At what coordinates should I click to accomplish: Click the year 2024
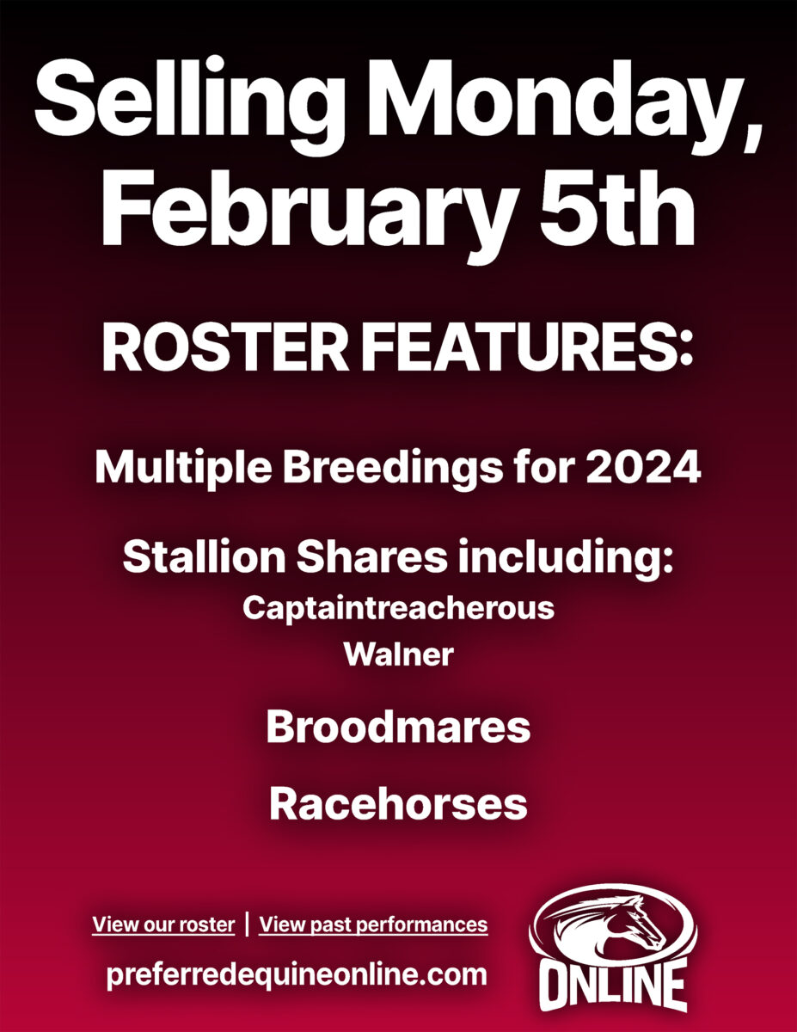[x=643, y=467]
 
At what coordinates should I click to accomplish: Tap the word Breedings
[x=393, y=468]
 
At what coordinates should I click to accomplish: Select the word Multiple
[x=183, y=468]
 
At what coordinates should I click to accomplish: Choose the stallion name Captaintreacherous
[x=398, y=608]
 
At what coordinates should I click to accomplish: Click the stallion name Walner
[x=399, y=654]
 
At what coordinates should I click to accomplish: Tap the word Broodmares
[x=398, y=727]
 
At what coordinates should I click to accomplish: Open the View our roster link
[x=163, y=924]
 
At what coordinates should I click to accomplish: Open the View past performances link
[x=374, y=924]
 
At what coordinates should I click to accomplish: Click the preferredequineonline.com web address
[x=297, y=974]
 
